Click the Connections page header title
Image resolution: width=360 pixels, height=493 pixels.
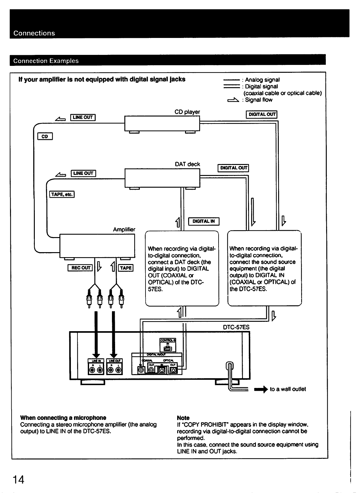[x=34, y=33]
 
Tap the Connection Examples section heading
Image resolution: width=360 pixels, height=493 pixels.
[x=46, y=61]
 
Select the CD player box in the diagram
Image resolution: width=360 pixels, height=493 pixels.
[x=162, y=123]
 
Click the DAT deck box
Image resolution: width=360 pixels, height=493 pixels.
[x=162, y=178]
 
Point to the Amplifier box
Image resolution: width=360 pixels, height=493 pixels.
[x=97, y=246]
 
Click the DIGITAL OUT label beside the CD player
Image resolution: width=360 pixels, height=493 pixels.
[x=262, y=114]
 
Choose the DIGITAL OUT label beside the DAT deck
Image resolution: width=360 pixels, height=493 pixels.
[x=233, y=168]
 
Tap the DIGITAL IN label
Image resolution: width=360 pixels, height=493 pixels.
[x=204, y=221]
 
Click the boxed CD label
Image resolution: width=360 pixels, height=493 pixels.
[x=45, y=136]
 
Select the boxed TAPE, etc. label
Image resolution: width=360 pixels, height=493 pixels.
[x=62, y=194]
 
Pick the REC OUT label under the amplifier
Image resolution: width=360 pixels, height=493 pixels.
[x=80, y=268]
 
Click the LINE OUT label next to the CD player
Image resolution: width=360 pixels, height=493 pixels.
[x=83, y=118]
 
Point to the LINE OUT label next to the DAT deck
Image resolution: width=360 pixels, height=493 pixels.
[x=83, y=173]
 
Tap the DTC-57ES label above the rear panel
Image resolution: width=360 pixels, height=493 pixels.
[x=236, y=327]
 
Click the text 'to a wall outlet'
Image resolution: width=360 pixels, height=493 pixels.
[x=288, y=389]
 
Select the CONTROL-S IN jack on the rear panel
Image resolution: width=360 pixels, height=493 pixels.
[x=168, y=346]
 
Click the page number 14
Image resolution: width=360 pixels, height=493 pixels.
[x=19, y=480]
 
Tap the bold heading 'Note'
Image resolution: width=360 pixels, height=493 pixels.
[x=183, y=418]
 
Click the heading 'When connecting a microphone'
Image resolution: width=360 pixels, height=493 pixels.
[x=63, y=418]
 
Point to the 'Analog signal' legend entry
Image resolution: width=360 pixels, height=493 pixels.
[x=262, y=80]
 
